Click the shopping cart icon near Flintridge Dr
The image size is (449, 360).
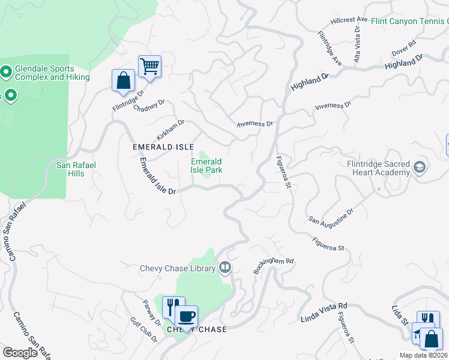[149, 65]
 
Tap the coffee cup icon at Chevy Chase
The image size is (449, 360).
[186, 316]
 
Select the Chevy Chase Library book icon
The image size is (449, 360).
[225, 267]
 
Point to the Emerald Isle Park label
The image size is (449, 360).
[206, 166]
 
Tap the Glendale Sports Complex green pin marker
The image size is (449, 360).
[6, 73]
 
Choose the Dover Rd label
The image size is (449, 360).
[403, 47]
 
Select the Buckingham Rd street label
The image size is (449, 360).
[273, 266]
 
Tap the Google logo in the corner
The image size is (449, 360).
[20, 353]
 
